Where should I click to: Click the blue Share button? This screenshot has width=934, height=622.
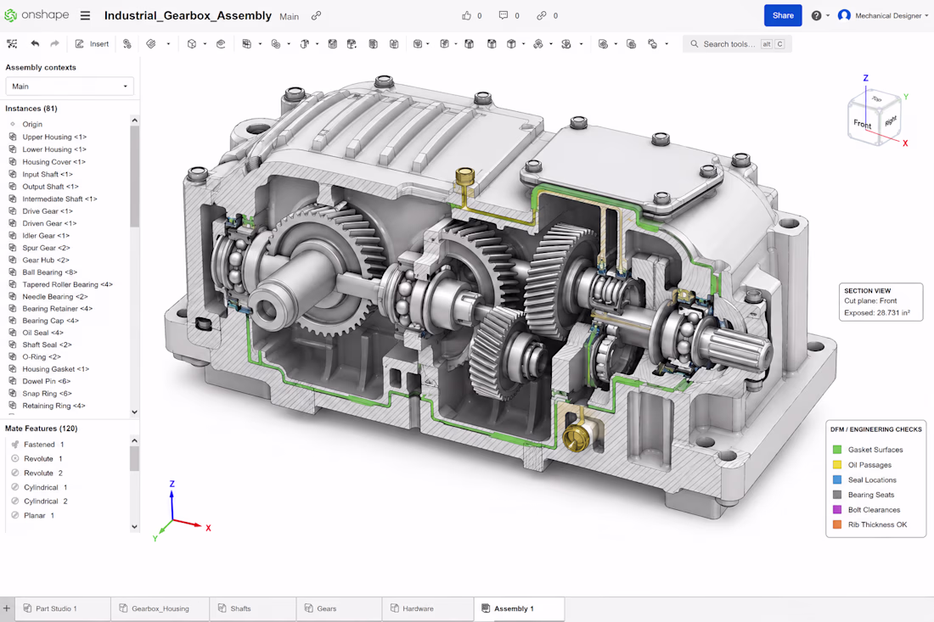[x=783, y=15]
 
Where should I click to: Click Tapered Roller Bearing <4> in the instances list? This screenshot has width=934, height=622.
[x=67, y=284]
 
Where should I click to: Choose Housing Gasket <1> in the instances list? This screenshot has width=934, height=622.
[x=55, y=369]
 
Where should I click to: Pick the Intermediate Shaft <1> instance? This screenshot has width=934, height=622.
[x=59, y=199]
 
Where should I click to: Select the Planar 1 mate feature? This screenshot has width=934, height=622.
[x=39, y=515]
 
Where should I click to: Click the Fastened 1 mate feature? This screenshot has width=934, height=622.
[x=43, y=445]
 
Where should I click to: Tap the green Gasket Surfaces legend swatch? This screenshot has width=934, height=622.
[x=837, y=450]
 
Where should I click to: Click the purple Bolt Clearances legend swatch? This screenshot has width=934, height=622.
[x=837, y=509]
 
